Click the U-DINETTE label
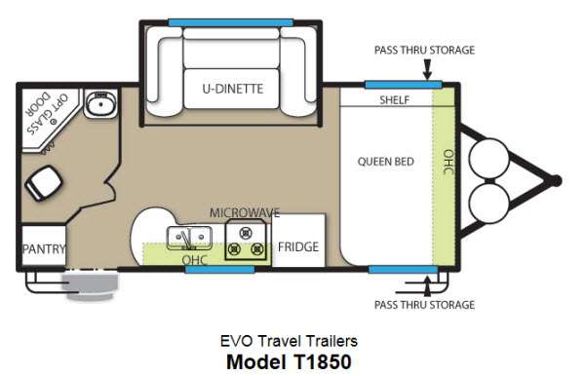233,89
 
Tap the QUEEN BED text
386,162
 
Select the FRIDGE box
298,240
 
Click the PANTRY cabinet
44,245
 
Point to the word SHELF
394,100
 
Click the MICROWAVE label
245,212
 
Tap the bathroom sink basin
100,104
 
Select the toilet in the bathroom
44,182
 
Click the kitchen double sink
189,238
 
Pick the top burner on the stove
246,233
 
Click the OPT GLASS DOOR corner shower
49,118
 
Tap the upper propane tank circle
488,159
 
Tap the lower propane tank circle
488,203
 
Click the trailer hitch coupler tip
556,181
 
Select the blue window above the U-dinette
230,22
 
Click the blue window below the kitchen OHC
219,269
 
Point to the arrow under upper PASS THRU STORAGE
428,70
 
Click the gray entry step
90,285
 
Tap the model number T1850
320,361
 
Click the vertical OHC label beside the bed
448,162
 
